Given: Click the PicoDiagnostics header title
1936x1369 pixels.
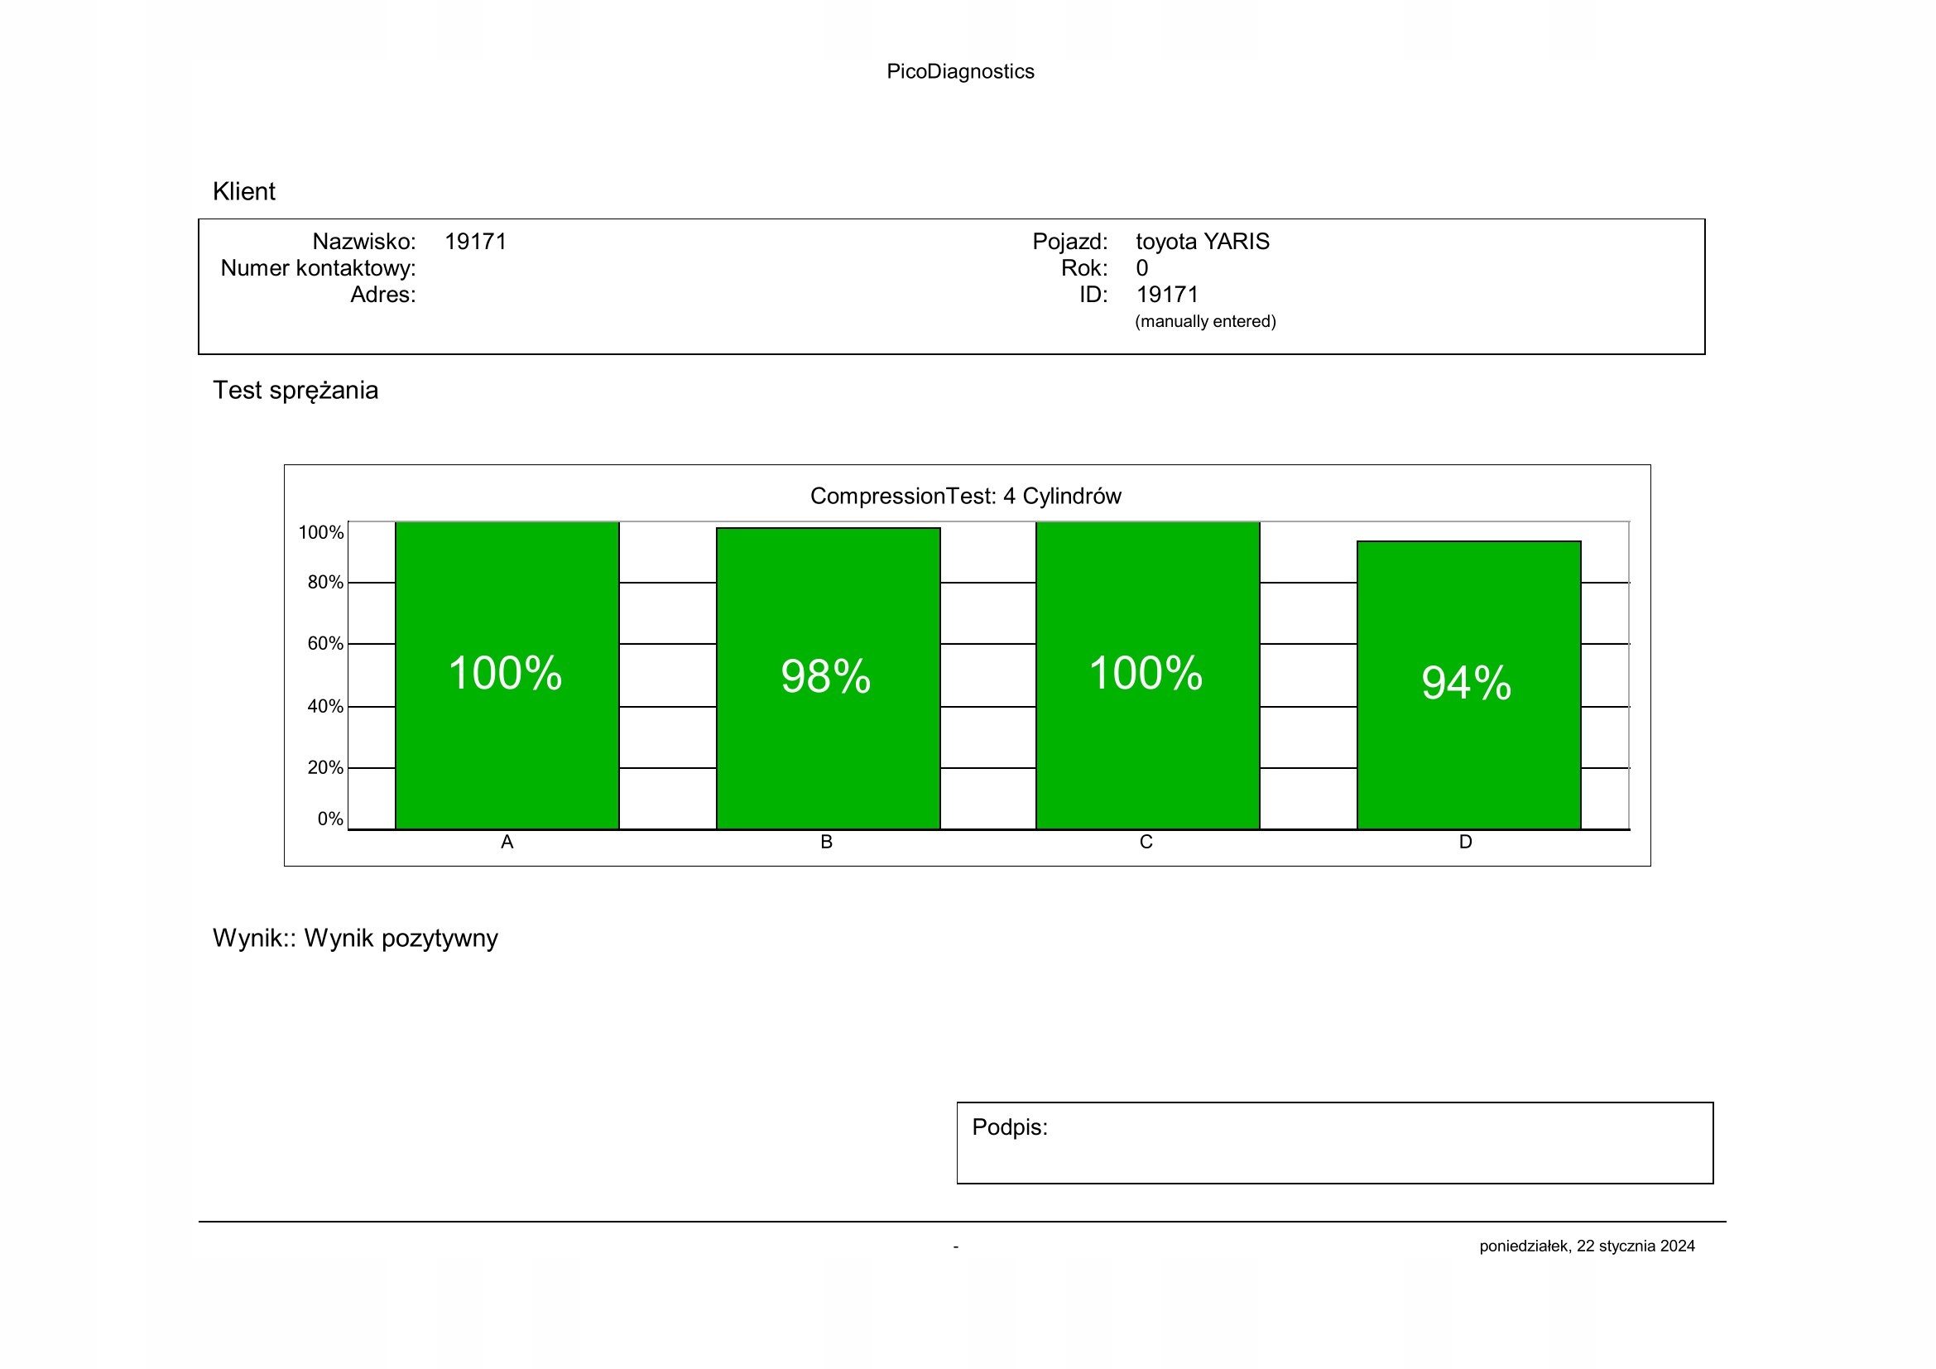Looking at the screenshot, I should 959,72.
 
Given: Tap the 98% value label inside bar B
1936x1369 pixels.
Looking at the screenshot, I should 825,676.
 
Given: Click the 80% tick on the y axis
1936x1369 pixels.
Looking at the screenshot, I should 324,583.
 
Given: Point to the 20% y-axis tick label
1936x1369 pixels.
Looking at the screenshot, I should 324,768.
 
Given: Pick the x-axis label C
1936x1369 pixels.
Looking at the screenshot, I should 1146,842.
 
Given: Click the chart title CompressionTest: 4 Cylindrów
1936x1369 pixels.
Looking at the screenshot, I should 965,496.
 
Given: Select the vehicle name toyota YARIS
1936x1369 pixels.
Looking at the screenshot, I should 1202,242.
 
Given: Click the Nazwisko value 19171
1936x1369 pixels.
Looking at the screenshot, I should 476,242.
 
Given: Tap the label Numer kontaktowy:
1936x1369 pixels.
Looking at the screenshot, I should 318,268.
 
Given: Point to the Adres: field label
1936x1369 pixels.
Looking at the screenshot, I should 383,295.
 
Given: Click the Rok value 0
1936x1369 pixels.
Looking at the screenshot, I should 1141,268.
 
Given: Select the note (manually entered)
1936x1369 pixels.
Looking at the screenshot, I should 1205,321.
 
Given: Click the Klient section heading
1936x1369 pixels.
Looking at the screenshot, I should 243,191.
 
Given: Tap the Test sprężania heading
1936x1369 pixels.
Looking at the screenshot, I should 295,391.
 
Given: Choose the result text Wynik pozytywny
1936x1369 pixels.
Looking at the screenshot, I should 401,939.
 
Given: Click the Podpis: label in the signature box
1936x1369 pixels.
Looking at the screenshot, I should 1009,1127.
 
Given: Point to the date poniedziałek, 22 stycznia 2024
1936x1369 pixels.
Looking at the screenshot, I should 1586,1246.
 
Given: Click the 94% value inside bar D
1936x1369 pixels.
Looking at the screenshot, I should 1467,683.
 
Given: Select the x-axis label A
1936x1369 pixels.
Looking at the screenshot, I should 507,842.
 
